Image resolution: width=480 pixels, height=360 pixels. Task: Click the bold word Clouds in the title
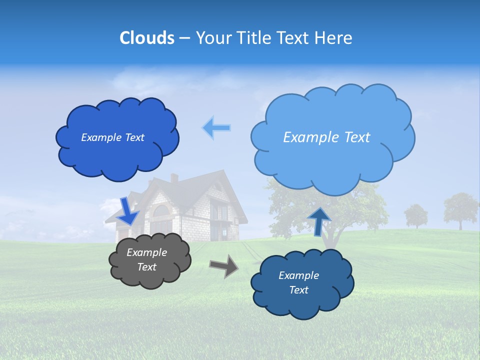click(x=146, y=38)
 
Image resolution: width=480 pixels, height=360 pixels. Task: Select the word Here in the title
click(x=335, y=38)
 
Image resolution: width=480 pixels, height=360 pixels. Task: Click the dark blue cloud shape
click(x=117, y=150)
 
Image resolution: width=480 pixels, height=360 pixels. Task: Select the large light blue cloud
click(x=332, y=160)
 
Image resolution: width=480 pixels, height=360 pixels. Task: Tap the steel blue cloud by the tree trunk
click(x=302, y=300)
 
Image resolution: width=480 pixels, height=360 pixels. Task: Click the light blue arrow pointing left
click(x=216, y=128)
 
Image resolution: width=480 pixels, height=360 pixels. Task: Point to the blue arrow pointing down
click(x=129, y=211)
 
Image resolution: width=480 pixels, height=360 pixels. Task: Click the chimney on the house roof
click(x=174, y=178)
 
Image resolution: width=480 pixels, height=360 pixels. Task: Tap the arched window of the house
click(x=160, y=211)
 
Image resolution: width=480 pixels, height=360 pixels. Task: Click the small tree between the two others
click(x=416, y=214)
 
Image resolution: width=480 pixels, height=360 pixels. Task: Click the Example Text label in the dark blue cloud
click(x=112, y=137)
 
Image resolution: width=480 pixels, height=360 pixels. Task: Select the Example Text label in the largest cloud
click(x=326, y=137)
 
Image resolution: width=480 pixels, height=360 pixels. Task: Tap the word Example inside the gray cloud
click(x=146, y=252)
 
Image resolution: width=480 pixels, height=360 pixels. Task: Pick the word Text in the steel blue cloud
click(x=298, y=290)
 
